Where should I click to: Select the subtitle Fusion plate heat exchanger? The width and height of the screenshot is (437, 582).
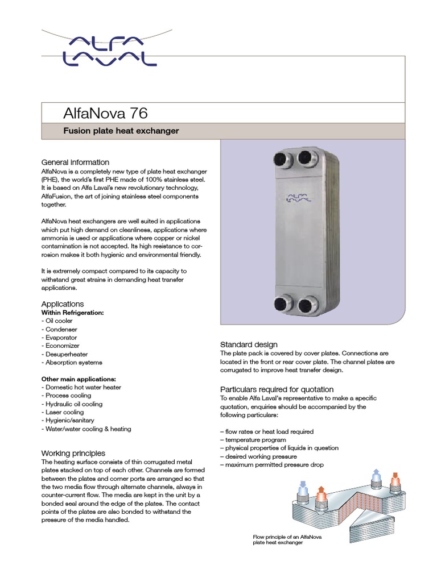click(x=121, y=131)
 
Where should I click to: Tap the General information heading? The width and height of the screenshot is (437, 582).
click(x=75, y=163)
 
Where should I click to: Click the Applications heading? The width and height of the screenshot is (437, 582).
click(x=63, y=304)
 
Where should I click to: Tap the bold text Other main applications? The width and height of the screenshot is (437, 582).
click(x=79, y=379)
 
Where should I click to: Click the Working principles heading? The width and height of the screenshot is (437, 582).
click(x=73, y=454)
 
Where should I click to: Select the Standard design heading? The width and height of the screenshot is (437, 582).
click(x=249, y=344)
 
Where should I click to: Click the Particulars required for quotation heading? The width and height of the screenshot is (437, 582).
click(x=277, y=389)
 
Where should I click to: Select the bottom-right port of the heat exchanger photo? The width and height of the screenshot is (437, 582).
click(x=309, y=304)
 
